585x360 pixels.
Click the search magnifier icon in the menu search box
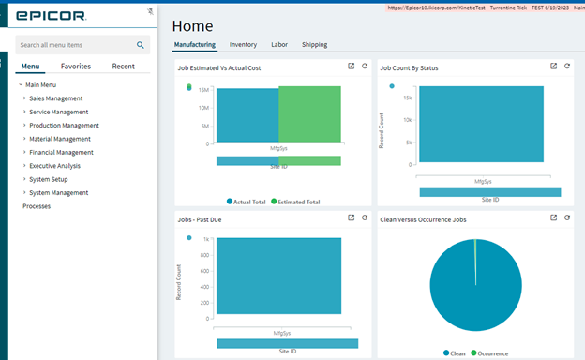141,44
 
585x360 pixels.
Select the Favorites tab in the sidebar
76,67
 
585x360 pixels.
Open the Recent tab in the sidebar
123,67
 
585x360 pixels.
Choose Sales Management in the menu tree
55,98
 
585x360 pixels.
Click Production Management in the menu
64,125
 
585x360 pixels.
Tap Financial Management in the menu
61,152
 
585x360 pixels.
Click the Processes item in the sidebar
37,206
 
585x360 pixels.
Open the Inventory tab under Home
243,44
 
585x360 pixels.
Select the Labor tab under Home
279,44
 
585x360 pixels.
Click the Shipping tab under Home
315,44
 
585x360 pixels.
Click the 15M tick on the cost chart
203,90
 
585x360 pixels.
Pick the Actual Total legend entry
247,202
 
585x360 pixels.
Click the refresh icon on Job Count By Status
567,67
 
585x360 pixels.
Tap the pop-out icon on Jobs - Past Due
351,217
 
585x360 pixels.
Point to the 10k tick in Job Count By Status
407,120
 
